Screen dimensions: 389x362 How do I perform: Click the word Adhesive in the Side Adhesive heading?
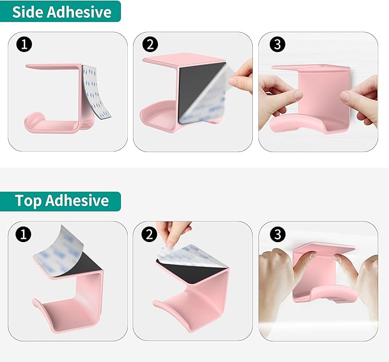click(x=80, y=11)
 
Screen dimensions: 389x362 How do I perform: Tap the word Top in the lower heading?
click(x=27, y=200)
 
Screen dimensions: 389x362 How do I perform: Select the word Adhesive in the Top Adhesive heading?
click(x=77, y=200)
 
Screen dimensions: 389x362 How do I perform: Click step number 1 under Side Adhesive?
click(x=24, y=45)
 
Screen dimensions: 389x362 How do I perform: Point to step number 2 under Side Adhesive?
click(x=150, y=45)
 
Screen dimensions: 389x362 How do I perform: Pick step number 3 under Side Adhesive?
click(x=277, y=45)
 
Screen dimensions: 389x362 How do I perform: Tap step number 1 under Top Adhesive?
click(x=23, y=234)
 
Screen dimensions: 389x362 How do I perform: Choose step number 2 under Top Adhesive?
click(x=150, y=234)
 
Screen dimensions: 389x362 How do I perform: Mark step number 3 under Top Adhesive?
click(x=277, y=234)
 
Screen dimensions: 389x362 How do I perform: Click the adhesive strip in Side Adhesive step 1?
click(x=96, y=91)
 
